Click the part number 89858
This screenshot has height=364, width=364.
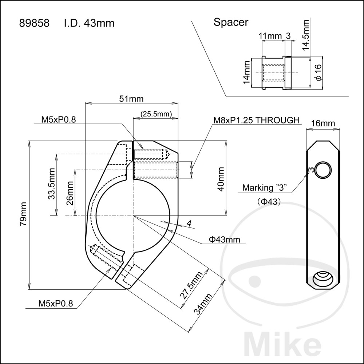(34, 23)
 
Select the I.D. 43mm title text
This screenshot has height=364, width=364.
(89, 23)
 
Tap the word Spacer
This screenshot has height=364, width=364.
(231, 23)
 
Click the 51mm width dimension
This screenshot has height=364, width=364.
(131, 99)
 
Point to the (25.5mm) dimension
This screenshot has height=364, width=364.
(156, 114)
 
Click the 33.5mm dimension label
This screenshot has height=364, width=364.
(52, 183)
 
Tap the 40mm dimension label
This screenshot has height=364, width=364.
(221, 179)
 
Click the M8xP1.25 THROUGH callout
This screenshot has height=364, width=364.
(257, 120)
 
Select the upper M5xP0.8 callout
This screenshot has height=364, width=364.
(59, 120)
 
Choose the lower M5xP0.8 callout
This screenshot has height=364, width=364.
(56, 304)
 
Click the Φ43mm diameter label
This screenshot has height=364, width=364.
(225, 239)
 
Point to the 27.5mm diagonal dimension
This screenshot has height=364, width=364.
(191, 285)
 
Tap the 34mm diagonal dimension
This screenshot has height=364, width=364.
(203, 304)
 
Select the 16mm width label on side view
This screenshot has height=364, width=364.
(323, 123)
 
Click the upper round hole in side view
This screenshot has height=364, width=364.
(323, 170)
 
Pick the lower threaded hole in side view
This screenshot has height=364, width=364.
(322, 280)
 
